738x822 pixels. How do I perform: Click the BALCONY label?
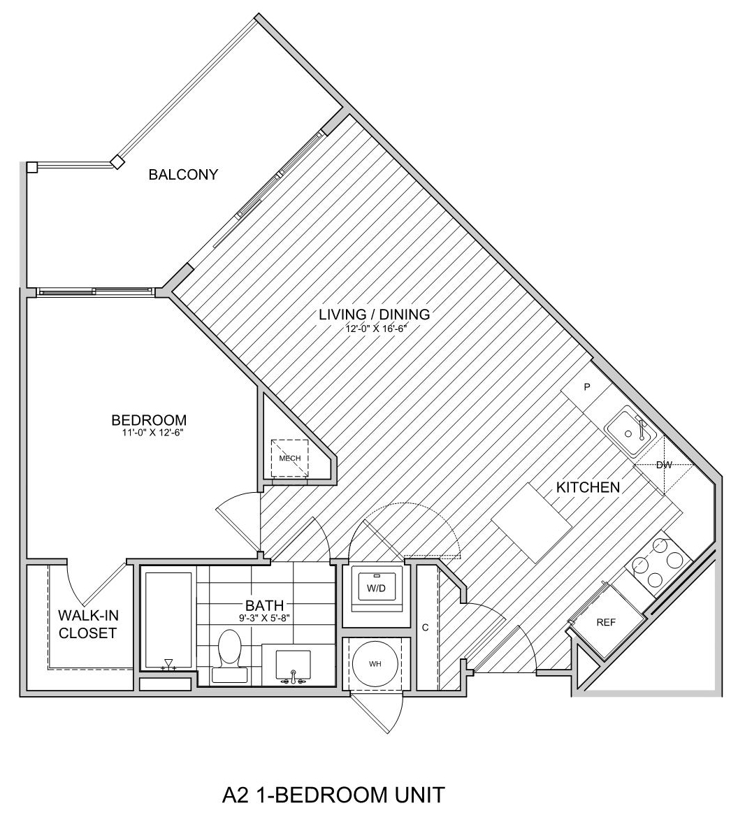click(x=183, y=175)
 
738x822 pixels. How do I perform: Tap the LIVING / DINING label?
click(x=375, y=314)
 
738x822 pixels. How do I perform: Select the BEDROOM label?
click(x=149, y=420)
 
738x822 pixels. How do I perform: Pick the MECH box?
click(x=289, y=458)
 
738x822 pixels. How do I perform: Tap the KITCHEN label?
click(x=588, y=487)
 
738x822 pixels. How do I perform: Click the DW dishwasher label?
click(x=664, y=465)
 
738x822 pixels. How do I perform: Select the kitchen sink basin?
click(x=630, y=431)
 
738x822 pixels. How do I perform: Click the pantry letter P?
click(x=587, y=387)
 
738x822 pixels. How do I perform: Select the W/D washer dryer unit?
click(x=376, y=589)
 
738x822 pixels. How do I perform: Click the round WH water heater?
click(x=375, y=664)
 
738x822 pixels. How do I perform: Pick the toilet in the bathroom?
click(x=229, y=656)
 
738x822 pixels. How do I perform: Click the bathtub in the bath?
click(x=168, y=622)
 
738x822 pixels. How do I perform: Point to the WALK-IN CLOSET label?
click(x=87, y=623)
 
